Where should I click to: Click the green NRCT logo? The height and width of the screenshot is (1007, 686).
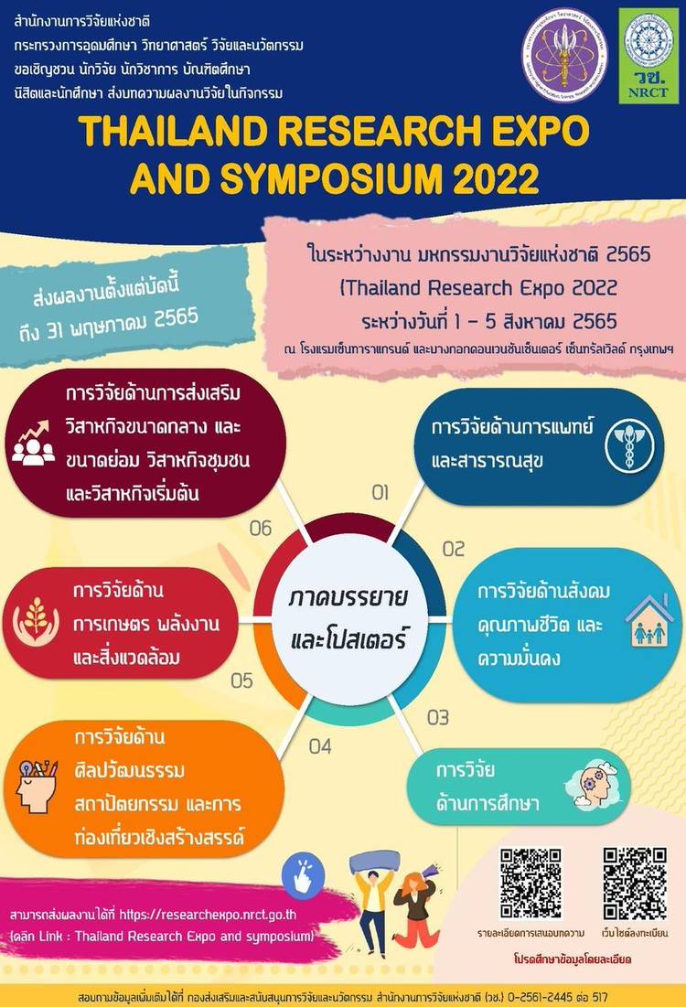pos(648,55)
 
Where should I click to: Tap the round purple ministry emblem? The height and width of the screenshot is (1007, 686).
pos(564,55)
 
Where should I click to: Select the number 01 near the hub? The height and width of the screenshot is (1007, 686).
pos(381,493)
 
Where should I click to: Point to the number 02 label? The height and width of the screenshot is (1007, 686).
pos(454,549)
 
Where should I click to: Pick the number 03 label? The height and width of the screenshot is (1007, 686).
pos(438,717)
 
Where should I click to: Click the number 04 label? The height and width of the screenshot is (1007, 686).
pos(320,746)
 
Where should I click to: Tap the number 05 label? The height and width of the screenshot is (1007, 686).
pos(242,680)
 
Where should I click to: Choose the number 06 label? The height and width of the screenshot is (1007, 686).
pos(261,529)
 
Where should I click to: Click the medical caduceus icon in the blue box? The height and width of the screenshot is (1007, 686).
pos(629,445)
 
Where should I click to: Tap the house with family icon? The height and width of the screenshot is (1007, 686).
pos(649,621)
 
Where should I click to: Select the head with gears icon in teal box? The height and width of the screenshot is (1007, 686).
pos(591,784)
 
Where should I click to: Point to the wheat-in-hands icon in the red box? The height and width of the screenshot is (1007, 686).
pos(36,622)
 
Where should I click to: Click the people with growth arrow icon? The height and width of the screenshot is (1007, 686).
pos(34,443)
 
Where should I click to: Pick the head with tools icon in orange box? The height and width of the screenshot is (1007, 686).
pos(37,786)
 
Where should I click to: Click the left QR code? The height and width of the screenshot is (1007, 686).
pos(531,884)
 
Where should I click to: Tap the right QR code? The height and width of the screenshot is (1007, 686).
pos(635,884)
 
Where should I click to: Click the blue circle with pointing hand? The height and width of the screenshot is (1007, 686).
pos(303,876)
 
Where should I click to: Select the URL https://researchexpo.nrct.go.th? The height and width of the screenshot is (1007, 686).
pos(208,915)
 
